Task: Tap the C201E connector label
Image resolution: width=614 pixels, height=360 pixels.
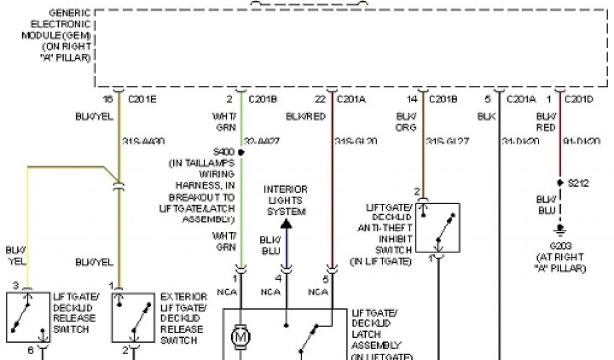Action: [143, 100]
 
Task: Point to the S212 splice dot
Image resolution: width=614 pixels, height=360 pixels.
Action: [560, 182]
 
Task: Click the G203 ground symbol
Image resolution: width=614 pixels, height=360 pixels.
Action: [560, 229]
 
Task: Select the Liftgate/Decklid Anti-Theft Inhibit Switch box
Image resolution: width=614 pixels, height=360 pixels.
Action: [438, 228]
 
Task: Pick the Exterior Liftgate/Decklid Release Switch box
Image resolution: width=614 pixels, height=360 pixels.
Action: [133, 317]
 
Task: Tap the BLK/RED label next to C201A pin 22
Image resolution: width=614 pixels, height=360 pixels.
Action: [305, 116]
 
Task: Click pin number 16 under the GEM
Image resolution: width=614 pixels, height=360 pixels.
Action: [108, 100]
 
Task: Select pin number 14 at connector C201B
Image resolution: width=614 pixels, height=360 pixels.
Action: [411, 100]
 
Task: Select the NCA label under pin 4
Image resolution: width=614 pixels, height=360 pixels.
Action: [269, 292]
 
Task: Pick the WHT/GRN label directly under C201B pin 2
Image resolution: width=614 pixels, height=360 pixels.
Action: [224, 122]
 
